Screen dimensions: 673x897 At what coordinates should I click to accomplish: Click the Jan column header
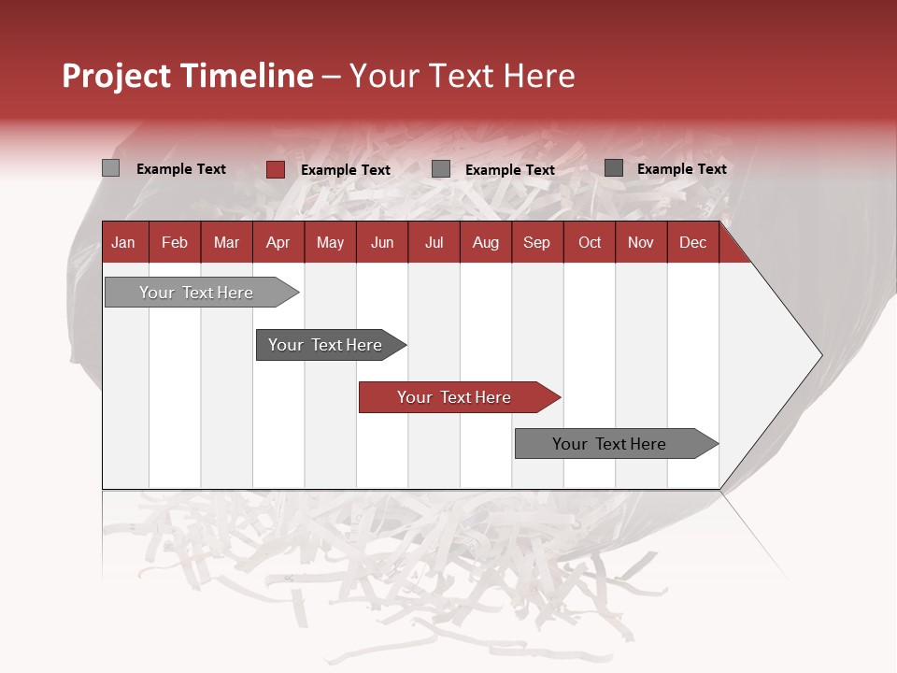pos(124,242)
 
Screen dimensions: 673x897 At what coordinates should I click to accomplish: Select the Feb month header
pos(175,242)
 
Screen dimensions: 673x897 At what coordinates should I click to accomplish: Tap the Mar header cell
pos(226,242)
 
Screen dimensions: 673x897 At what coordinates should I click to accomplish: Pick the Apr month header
pos(278,242)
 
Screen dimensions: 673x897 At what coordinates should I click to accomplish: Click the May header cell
pos(330,242)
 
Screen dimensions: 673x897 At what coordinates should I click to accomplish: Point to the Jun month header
pos(382,242)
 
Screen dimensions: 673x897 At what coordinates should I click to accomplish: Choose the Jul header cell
pos(434,242)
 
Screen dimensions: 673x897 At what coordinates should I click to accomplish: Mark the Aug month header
pos(486,242)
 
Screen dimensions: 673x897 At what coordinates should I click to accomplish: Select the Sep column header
pos(537,242)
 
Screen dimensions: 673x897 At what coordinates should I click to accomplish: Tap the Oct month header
pos(590,242)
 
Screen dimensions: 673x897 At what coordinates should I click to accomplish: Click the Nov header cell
pos(641,242)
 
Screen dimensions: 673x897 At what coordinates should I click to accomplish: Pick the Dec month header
pos(693,242)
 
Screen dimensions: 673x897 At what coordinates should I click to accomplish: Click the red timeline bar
pos(458,397)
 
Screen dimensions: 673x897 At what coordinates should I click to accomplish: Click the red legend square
pos(276,169)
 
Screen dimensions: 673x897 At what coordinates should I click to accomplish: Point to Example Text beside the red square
pos(346,170)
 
